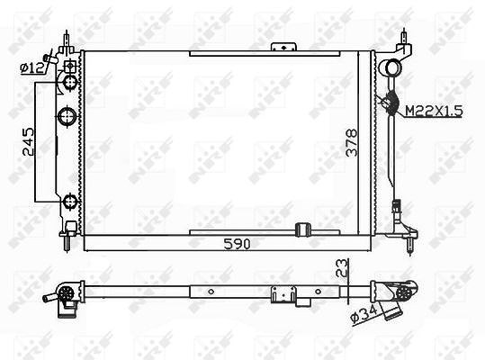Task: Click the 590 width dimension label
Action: (237, 244)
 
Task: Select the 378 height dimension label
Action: (352, 142)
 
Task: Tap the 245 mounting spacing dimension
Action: (28, 141)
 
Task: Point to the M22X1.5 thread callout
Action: (434, 111)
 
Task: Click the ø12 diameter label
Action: (32, 68)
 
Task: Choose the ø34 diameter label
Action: (364, 313)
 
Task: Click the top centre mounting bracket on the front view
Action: (284, 47)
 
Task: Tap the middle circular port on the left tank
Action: (67, 116)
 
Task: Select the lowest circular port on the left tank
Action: (70, 202)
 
